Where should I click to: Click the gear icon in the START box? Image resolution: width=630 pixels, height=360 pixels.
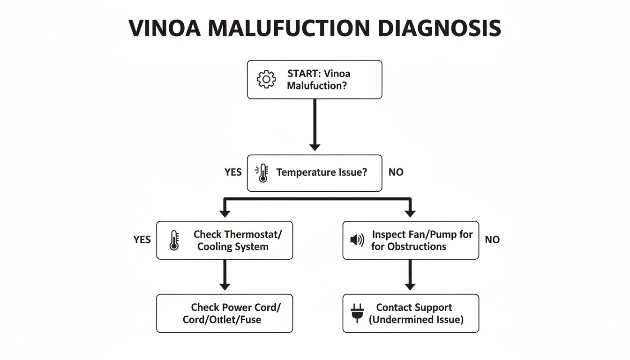click(x=266, y=80)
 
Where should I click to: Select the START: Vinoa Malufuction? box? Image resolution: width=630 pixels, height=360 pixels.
click(x=315, y=80)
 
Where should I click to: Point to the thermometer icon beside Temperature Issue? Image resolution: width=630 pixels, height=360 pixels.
click(x=262, y=173)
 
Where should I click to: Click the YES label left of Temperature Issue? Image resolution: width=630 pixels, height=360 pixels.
click(x=233, y=172)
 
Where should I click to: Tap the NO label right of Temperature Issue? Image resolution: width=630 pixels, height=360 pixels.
click(x=396, y=172)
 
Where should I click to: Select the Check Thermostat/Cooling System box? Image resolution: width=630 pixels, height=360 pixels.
click(x=225, y=240)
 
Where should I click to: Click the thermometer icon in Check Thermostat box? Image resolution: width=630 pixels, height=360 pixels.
click(x=174, y=240)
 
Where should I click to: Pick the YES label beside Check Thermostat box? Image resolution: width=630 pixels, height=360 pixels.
click(x=142, y=240)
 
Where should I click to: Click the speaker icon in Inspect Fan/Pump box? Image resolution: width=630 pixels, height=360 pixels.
click(x=357, y=240)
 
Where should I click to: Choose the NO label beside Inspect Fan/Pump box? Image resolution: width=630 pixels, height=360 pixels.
click(x=492, y=240)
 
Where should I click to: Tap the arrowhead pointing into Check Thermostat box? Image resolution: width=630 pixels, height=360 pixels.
click(x=225, y=213)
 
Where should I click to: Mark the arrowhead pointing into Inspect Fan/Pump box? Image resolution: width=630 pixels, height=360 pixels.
click(x=410, y=213)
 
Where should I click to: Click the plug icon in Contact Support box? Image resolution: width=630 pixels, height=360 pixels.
click(x=357, y=314)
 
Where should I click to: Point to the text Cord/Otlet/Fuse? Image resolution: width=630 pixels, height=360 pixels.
click(x=222, y=320)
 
